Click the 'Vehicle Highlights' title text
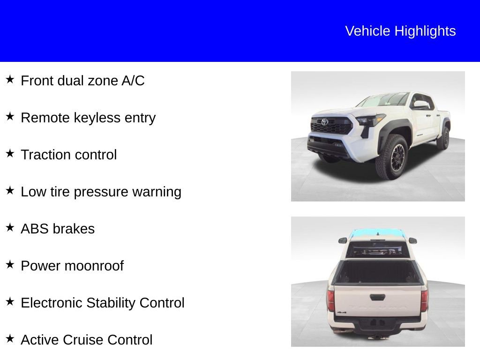[400, 31]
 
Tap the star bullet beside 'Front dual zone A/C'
[10, 79]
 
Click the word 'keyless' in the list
[97, 118]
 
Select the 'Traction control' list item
[68, 155]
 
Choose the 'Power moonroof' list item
[72, 266]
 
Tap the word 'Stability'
[112, 303]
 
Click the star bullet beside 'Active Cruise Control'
[10, 338]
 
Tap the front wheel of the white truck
[392, 157]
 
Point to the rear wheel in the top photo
[443, 138]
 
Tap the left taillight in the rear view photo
[331, 300]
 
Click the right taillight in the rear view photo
[424, 300]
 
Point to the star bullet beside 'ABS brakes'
[10, 227]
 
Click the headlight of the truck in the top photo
[369, 120]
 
